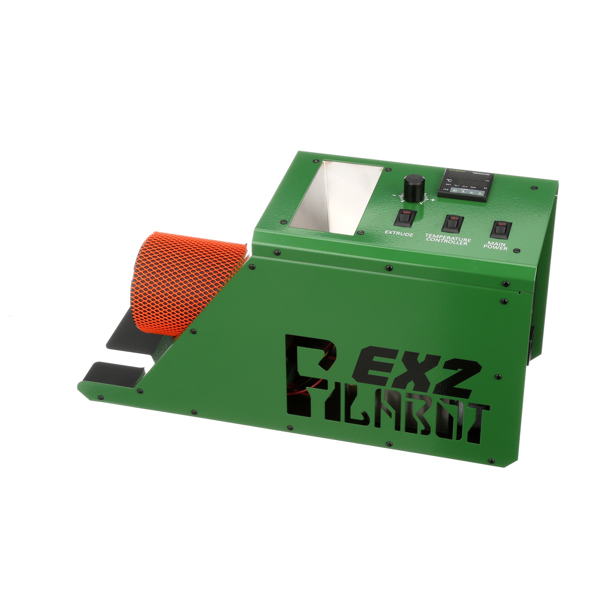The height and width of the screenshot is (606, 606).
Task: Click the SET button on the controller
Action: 454,190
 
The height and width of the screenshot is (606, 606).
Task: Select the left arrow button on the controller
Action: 463,191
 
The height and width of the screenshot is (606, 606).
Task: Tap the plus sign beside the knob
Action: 433,200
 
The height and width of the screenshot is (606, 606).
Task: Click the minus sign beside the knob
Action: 393,195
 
